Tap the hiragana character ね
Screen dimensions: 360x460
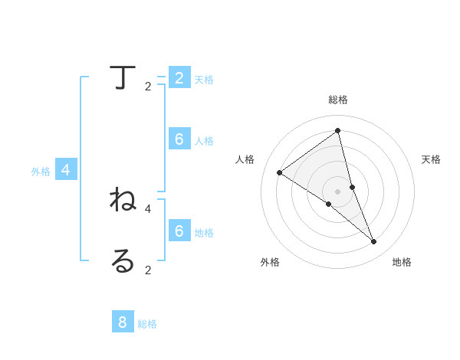point(123,200)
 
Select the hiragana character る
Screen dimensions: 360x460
point(122,260)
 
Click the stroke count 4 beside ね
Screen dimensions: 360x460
point(148,208)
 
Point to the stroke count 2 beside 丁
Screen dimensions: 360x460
point(148,87)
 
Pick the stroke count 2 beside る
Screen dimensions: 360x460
point(148,270)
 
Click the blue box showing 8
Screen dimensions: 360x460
point(123,322)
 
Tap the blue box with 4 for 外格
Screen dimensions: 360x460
point(66,170)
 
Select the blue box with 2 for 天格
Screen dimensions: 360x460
point(179,77)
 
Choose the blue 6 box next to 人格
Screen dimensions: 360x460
point(179,139)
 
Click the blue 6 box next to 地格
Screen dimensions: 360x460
point(179,231)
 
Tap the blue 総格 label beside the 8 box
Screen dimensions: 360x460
point(147,324)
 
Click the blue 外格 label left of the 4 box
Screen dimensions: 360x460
point(41,172)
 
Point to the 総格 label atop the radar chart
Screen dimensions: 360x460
point(338,100)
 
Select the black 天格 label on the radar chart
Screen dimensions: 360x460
point(431,159)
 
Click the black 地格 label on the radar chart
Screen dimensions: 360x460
point(402,262)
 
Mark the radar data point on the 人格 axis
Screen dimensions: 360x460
point(280,172)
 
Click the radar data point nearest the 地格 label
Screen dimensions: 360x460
point(374,242)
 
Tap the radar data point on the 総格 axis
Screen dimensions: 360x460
point(338,130)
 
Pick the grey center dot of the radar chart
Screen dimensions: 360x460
point(338,191)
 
